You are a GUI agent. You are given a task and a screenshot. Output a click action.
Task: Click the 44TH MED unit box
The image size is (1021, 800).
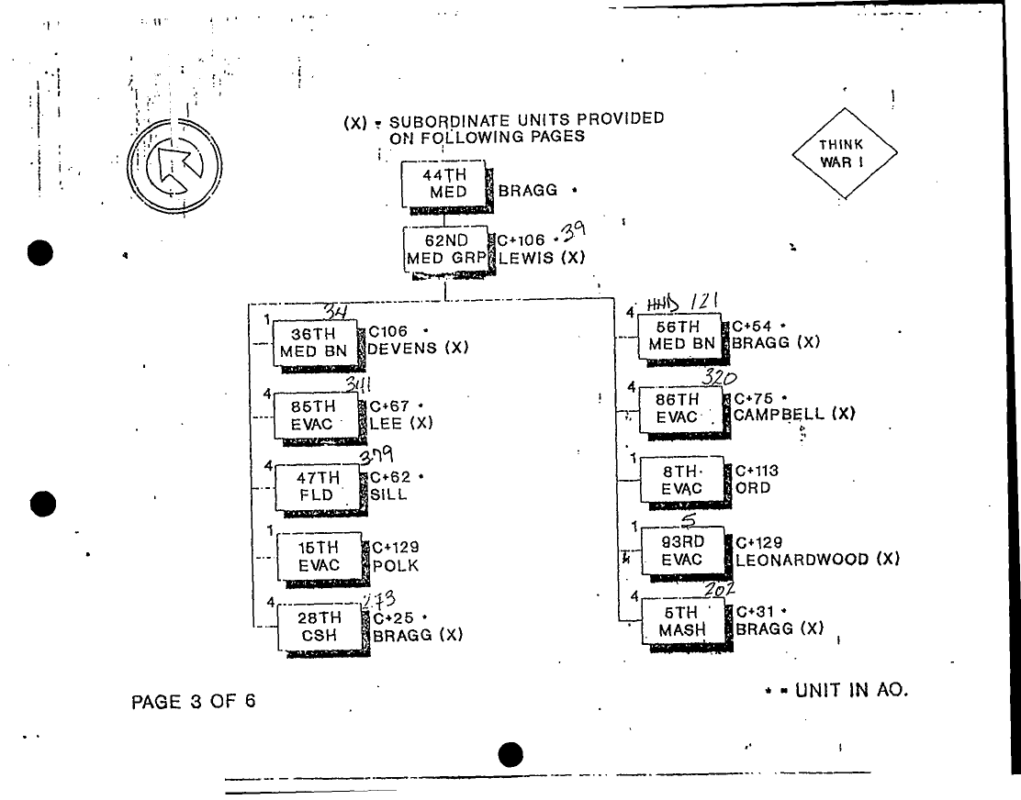coord(443,183)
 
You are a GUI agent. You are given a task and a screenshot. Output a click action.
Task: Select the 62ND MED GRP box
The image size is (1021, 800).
coord(447,249)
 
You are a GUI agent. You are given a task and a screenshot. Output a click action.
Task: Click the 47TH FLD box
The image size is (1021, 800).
coord(318,486)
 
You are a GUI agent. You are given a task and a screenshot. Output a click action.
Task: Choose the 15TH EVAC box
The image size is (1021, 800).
coord(319,556)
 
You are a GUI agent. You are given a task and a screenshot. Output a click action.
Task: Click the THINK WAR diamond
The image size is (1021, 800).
coord(843,153)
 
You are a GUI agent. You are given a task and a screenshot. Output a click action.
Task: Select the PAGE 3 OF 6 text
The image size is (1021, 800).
coord(194,702)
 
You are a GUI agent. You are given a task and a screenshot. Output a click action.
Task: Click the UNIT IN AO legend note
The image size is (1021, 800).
coord(836,691)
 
